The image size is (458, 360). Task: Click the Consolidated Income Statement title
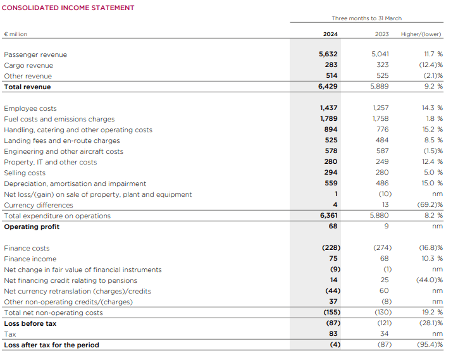(x=69, y=8)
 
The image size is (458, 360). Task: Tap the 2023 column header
(x=381, y=34)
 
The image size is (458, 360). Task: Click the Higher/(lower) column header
(x=422, y=34)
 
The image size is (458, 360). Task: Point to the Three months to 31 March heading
(x=366, y=18)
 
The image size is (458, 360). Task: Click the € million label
(x=16, y=34)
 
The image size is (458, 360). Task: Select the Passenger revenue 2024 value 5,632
(x=328, y=54)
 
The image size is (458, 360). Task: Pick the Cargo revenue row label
(x=28, y=65)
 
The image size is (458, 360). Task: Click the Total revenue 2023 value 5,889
(x=380, y=87)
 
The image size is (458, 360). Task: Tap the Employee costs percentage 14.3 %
(x=432, y=108)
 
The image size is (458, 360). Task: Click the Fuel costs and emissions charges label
(x=59, y=119)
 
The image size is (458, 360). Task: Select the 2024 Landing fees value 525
(x=331, y=140)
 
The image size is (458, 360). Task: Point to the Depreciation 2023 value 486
(x=382, y=183)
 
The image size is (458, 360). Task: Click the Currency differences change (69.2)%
(x=430, y=205)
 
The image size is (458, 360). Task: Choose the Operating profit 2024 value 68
(x=333, y=226)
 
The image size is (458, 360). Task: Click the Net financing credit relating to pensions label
(x=70, y=280)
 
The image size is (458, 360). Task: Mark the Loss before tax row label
(x=30, y=323)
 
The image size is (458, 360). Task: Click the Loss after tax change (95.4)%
(x=430, y=345)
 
